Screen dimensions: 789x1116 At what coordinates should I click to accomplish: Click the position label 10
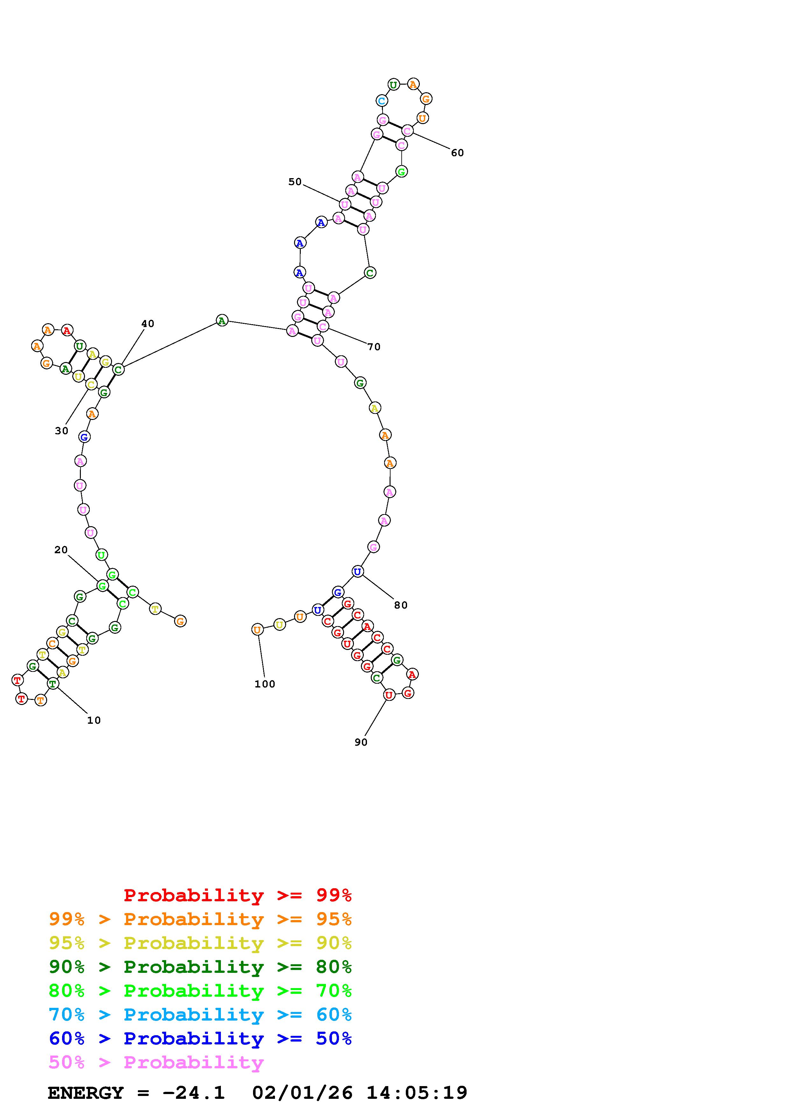(94, 720)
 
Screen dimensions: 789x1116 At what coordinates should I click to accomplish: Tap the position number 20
(61, 550)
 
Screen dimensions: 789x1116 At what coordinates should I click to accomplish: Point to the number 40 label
(148, 324)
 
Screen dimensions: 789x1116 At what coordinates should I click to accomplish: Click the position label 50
(295, 182)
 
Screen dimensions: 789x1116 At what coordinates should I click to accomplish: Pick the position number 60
(457, 153)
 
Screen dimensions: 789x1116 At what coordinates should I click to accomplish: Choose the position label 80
(401, 605)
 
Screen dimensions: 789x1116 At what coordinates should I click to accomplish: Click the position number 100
(265, 684)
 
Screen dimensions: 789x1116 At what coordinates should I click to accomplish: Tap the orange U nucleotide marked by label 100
(257, 630)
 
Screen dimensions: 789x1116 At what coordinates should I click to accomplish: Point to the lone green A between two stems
(222, 320)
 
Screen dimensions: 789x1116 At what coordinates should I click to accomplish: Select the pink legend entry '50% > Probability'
(156, 1062)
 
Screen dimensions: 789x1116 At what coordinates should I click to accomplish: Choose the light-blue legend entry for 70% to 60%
(200, 1015)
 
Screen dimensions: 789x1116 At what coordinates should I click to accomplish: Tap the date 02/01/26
(302, 1093)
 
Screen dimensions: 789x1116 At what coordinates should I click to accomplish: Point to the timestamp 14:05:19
(417, 1093)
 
